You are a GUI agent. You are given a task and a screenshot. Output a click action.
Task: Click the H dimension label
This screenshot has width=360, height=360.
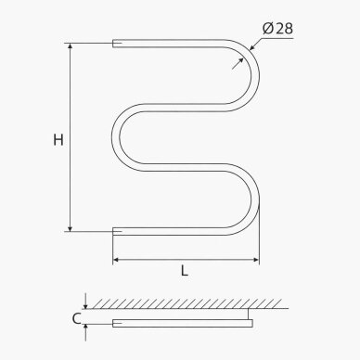(x=58, y=140)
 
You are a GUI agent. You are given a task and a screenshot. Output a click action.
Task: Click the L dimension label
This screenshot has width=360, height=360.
(x=185, y=271)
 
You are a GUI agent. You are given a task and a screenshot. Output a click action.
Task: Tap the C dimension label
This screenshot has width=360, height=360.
(x=76, y=318)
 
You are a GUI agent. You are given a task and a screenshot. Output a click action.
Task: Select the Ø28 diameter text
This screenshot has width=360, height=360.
(x=277, y=29)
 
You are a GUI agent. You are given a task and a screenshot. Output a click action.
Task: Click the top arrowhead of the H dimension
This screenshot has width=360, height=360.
(x=71, y=46)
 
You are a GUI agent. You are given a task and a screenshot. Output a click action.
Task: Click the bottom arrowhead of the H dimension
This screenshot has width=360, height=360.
(x=71, y=228)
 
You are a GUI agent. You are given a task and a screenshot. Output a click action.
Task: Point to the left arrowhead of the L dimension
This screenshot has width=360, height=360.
(x=116, y=260)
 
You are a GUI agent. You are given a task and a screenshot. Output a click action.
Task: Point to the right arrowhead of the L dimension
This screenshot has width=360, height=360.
(x=256, y=260)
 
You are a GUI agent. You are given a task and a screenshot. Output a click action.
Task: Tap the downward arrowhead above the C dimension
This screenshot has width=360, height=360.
(x=85, y=305)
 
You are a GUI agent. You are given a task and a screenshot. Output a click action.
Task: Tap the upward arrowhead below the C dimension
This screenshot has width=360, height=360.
(x=85, y=328)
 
